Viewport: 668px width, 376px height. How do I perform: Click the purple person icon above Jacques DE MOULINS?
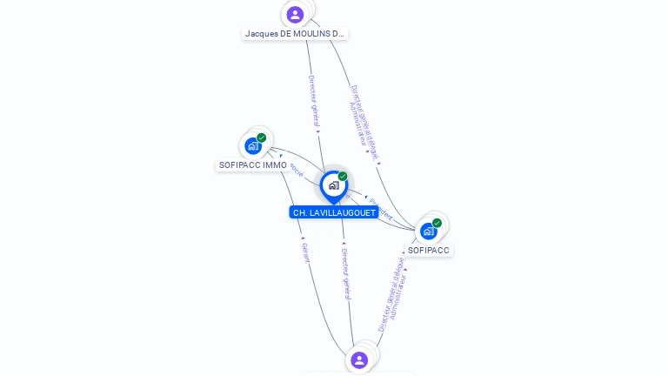(295, 14)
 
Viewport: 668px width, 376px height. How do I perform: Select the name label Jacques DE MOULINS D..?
(295, 34)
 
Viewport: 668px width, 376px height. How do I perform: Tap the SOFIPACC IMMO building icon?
(252, 145)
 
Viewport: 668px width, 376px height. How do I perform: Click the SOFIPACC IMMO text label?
(253, 165)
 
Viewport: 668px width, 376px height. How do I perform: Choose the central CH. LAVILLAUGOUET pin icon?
(333, 185)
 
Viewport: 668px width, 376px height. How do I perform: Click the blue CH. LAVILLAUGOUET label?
(334, 212)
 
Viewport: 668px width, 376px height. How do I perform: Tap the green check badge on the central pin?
(343, 177)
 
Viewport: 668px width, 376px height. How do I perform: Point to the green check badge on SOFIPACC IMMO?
(261, 138)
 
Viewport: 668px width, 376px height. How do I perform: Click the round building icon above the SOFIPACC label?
(428, 231)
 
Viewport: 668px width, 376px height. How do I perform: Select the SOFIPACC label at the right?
(429, 250)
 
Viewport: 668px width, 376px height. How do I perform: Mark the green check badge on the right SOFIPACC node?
(437, 223)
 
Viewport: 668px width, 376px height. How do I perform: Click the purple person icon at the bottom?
(359, 359)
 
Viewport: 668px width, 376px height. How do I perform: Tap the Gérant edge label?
(305, 253)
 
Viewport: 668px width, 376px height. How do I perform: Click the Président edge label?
(381, 210)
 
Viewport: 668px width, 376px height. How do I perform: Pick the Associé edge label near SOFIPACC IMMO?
(297, 170)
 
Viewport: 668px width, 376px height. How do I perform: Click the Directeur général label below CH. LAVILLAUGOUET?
(345, 272)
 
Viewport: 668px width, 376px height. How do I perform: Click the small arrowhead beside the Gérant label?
(303, 238)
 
